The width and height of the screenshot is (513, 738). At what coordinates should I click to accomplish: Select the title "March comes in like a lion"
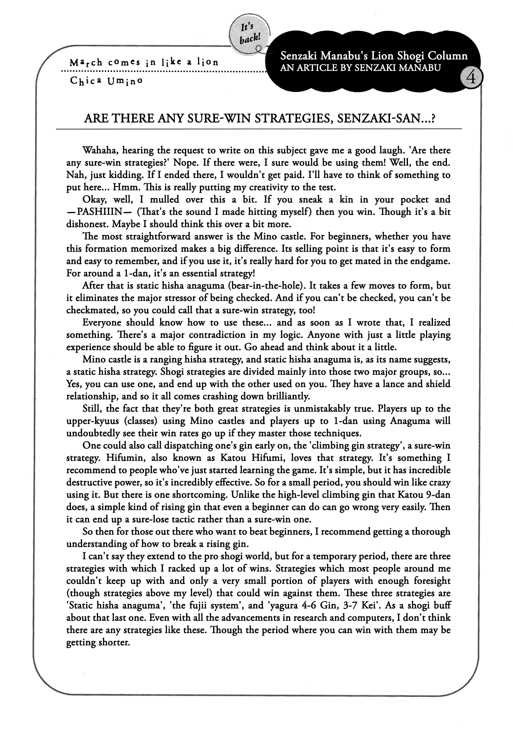(144, 63)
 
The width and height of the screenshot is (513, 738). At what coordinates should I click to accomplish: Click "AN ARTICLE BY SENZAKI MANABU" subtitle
(360, 67)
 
